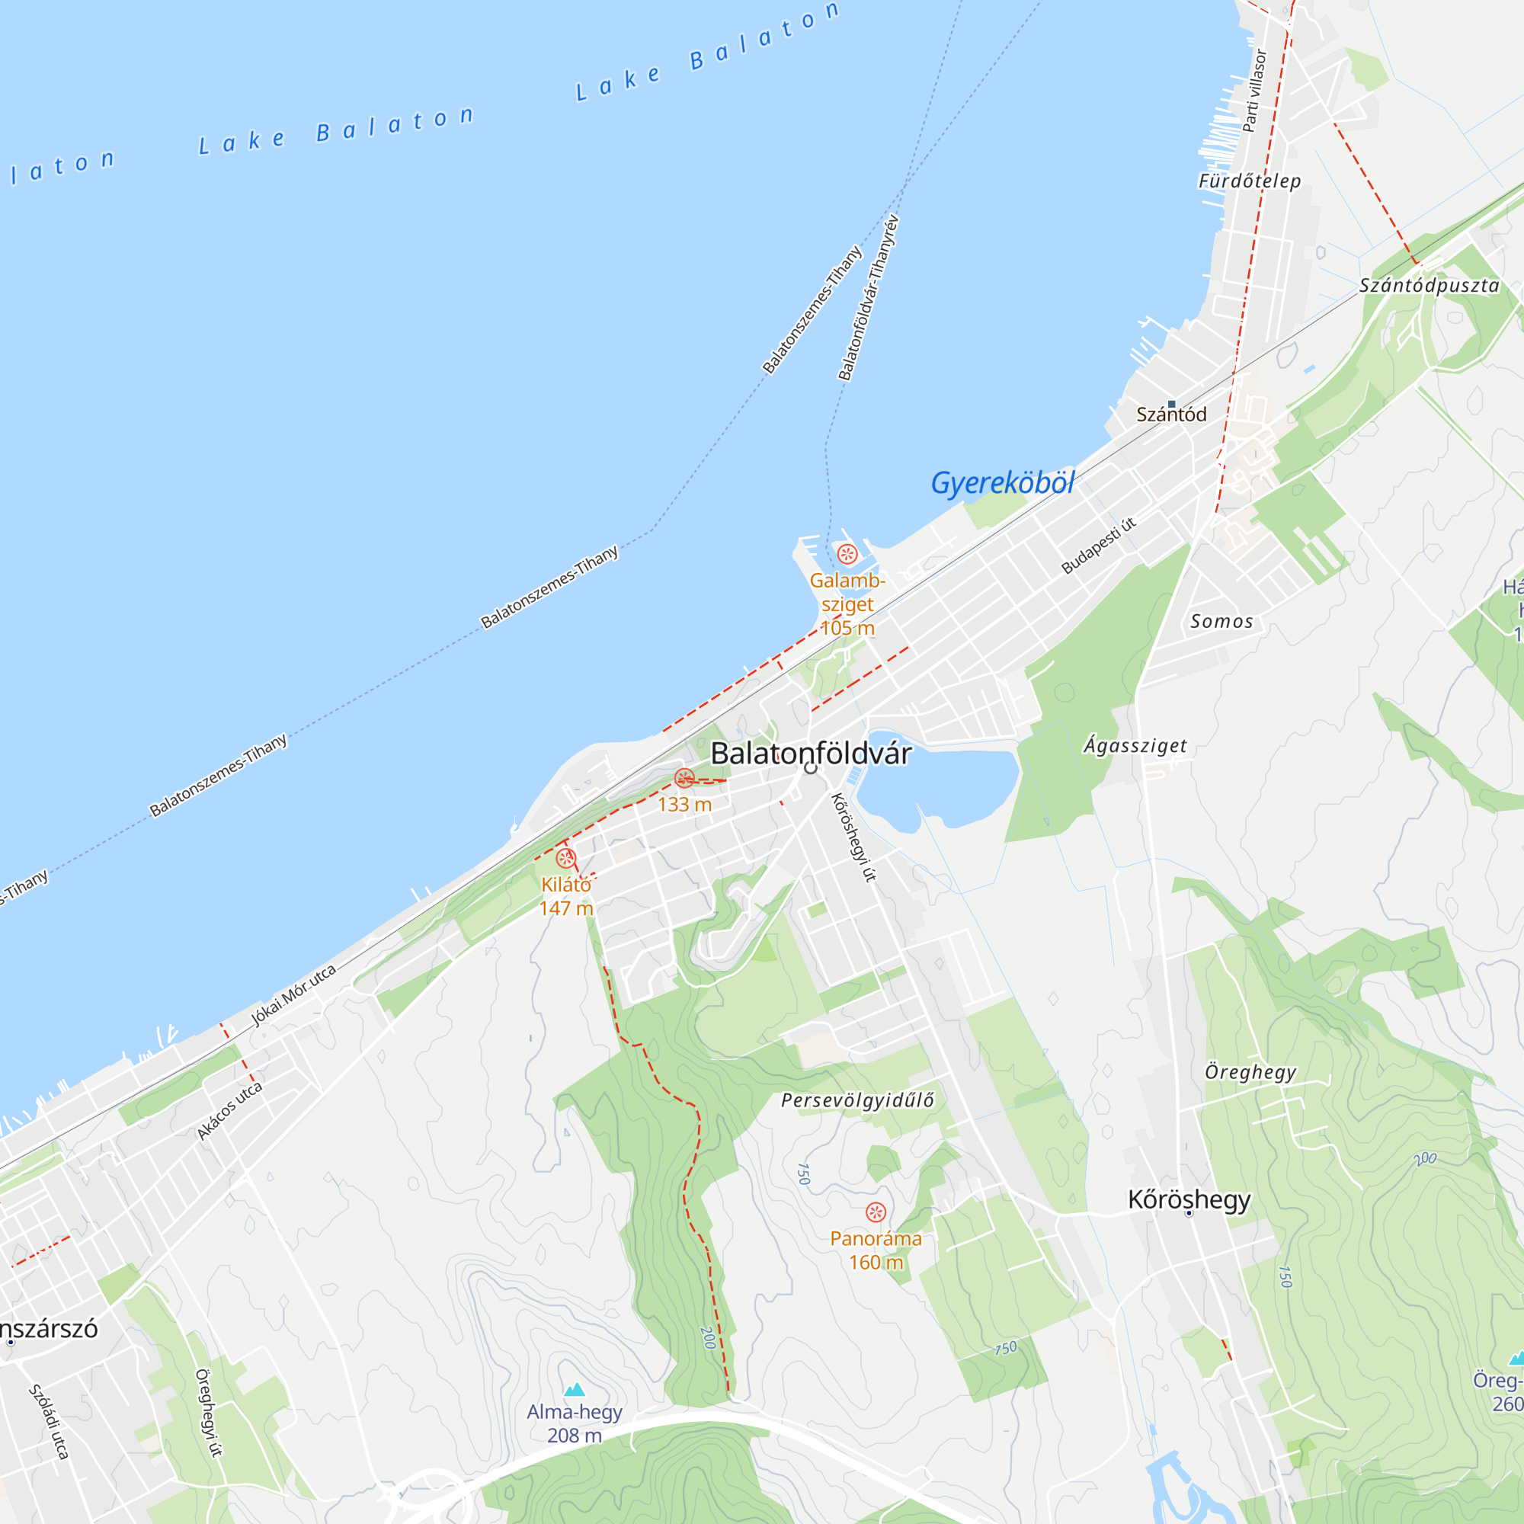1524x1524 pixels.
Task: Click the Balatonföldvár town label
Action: coord(810,754)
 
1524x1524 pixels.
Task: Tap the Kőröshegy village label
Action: coord(1189,1200)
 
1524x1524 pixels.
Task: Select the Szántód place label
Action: coord(1170,414)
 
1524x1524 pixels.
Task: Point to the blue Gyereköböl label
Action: coord(1002,483)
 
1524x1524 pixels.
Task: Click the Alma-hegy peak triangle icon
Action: coord(575,1389)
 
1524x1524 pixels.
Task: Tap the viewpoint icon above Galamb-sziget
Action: coord(847,554)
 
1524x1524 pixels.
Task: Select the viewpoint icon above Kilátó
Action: coord(565,858)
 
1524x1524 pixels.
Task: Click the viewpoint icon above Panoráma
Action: coord(876,1212)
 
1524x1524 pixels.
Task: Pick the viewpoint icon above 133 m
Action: coord(685,779)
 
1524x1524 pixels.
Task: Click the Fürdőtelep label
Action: coord(1250,181)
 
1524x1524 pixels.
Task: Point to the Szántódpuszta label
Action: coord(1429,286)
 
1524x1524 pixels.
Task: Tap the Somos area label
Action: coord(1221,622)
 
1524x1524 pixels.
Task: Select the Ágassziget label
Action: coord(1135,745)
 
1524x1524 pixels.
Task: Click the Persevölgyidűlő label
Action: coord(857,1100)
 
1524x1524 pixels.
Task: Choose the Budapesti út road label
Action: coord(1099,545)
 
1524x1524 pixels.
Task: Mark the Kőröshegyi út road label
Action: coord(853,837)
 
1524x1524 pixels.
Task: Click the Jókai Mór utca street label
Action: coord(293,994)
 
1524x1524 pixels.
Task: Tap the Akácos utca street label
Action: coord(229,1112)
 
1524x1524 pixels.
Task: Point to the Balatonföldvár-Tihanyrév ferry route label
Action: coord(868,297)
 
